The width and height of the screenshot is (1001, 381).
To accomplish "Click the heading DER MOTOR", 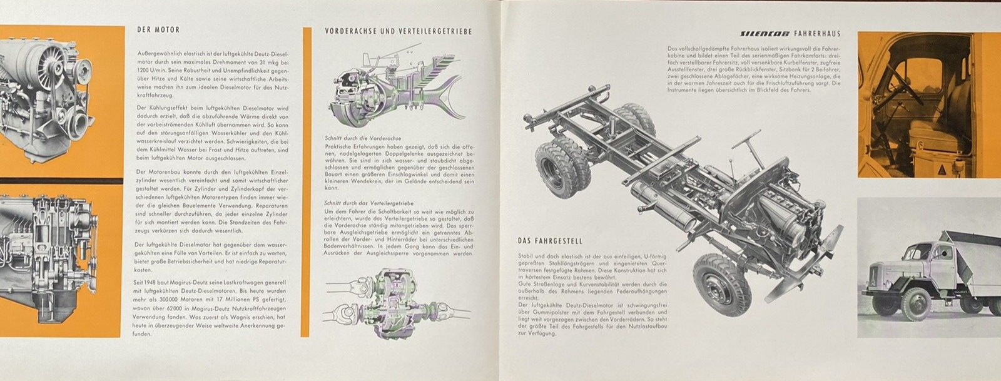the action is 158,29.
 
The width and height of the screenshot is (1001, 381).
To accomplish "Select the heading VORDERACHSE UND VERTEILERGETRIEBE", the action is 398,31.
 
